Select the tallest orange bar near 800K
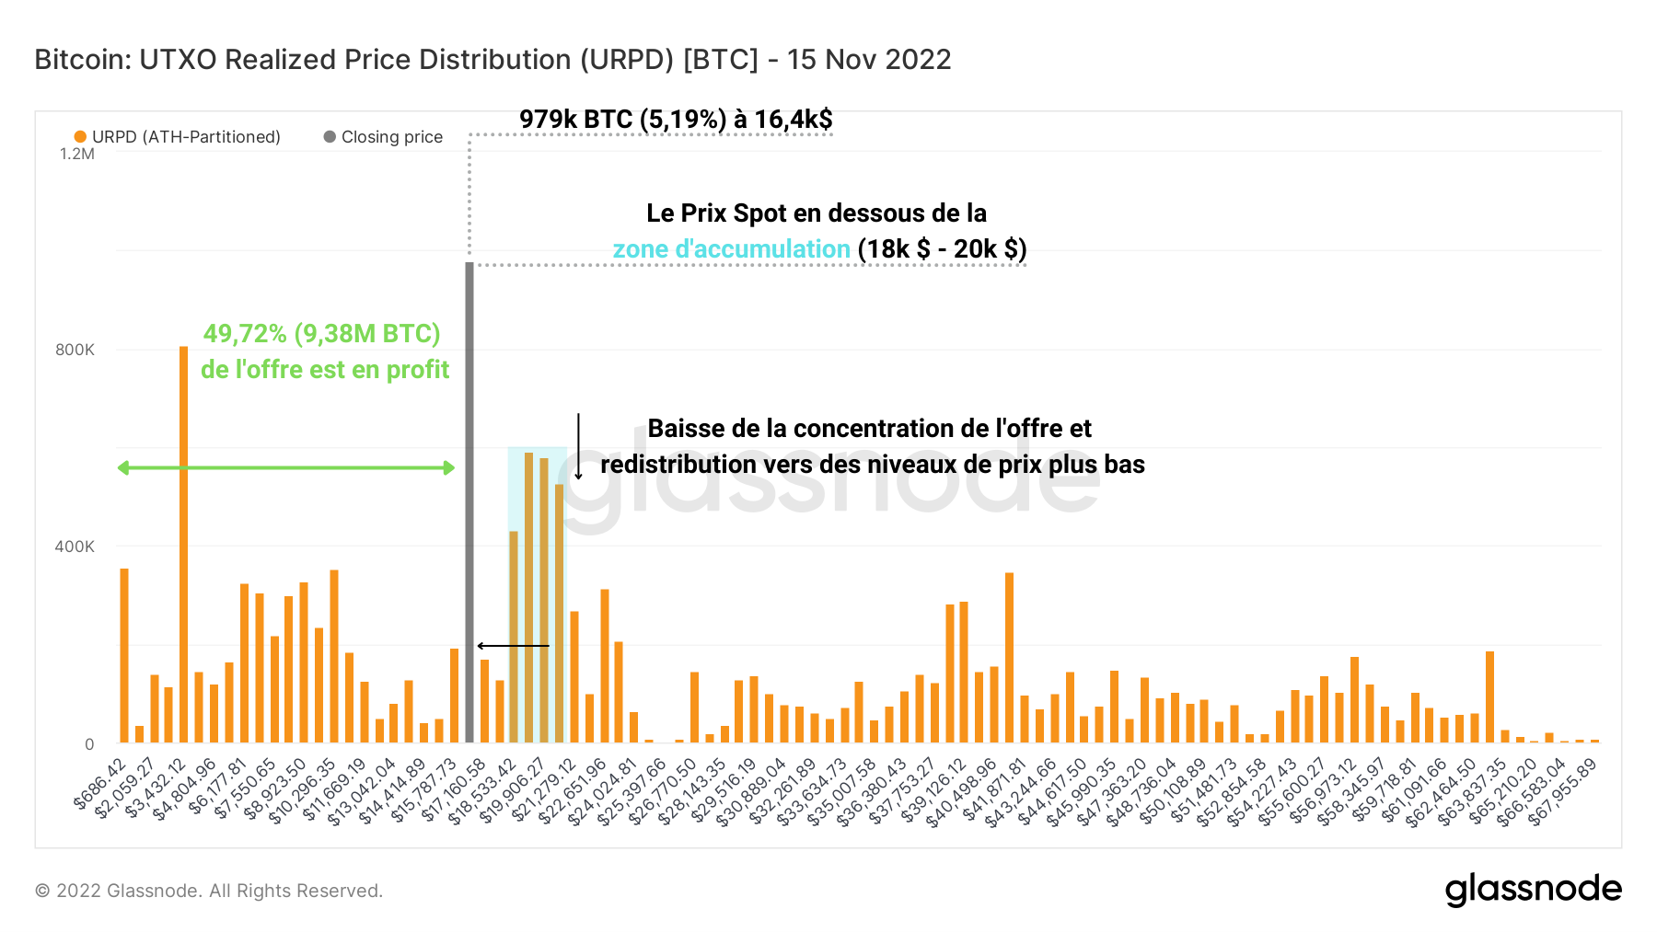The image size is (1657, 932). pos(184,543)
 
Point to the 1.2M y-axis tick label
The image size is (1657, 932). pos(77,154)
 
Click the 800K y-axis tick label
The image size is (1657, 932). pos(75,350)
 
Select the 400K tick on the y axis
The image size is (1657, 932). pos(75,547)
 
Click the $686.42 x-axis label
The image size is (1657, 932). pos(101,784)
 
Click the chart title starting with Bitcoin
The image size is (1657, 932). pos(492,60)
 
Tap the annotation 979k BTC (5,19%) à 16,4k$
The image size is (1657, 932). pos(676,120)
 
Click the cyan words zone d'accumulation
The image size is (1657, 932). pos(731,249)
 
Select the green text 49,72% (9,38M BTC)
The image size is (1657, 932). pos(321,334)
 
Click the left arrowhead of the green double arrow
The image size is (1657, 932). pos(123,468)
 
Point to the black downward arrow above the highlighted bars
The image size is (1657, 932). pos(578,446)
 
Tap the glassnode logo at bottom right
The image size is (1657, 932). pos(1533,890)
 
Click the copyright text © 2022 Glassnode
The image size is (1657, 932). pos(208,891)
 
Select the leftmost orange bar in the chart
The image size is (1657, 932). pos(124,655)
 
